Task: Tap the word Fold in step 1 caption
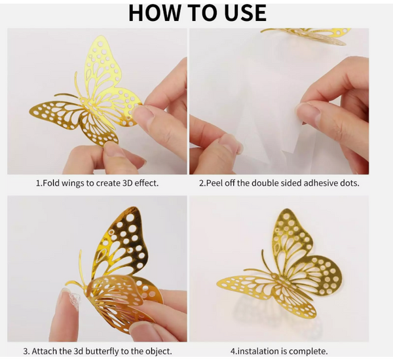coord(51,183)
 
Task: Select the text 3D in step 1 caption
coord(128,183)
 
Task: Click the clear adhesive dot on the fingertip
coord(73,300)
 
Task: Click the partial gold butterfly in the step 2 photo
coord(307,36)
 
